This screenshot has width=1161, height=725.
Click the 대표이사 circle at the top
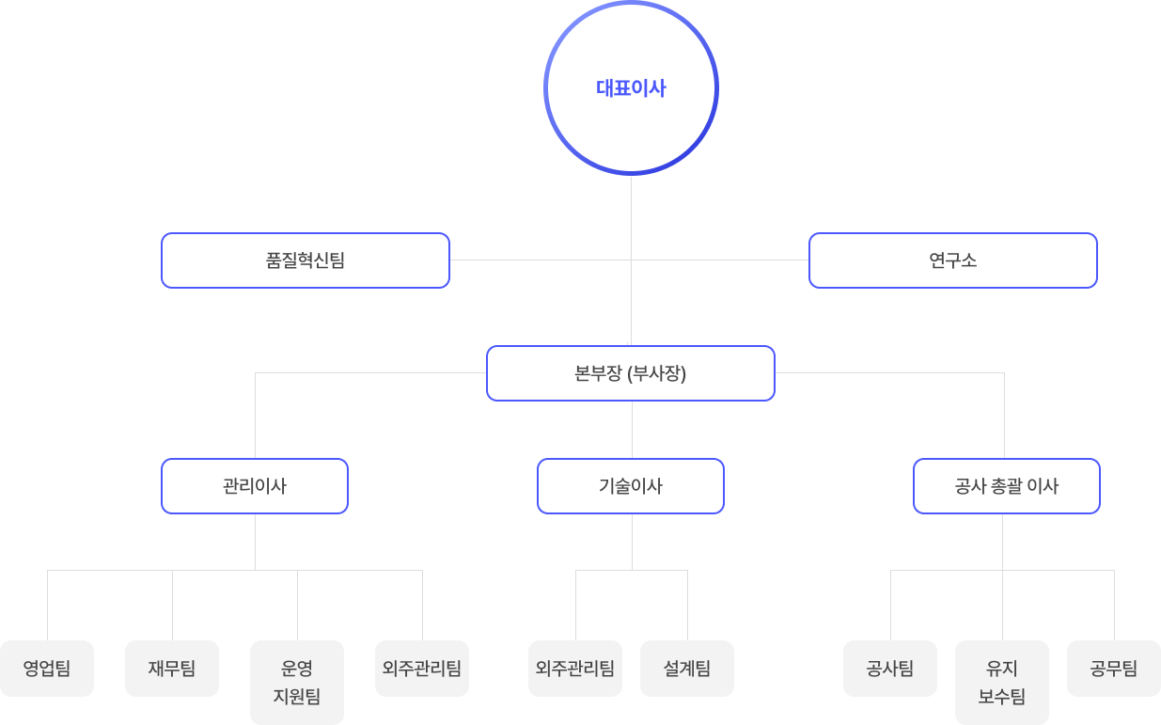631,88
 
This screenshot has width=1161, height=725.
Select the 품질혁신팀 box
306,260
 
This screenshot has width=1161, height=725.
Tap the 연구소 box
952,260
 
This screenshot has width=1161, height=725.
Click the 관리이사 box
255,486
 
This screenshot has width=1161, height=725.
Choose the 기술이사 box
631,486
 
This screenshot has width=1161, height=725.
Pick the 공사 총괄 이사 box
1006,486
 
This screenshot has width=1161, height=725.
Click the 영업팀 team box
47,669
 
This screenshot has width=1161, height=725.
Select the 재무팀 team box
172,669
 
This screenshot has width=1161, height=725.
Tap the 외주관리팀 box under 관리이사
422,669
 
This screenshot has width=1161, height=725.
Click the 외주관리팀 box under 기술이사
575,669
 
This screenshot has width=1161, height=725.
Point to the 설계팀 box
687,669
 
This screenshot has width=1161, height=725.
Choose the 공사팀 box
890,669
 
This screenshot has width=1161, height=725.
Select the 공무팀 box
1114,669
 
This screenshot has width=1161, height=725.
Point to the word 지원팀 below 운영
297,697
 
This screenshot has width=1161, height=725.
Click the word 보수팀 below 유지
1002,697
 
